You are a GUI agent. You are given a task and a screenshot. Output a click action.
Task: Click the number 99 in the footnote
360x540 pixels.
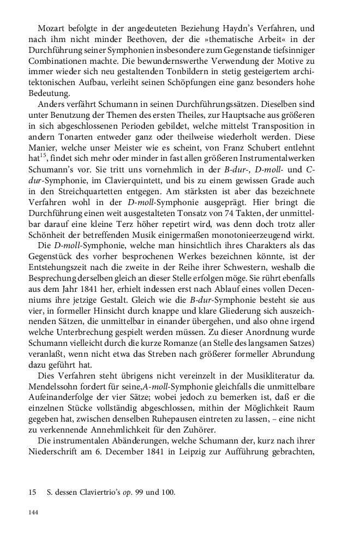click(x=145, y=493)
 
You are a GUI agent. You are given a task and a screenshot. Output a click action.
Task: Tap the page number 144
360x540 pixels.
click(x=34, y=513)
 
